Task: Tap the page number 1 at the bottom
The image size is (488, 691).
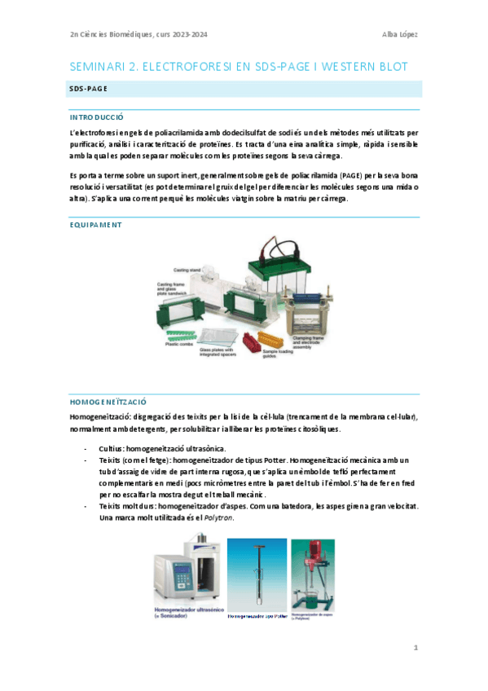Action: pos(415,648)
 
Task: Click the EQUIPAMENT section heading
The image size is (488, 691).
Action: pos(95,224)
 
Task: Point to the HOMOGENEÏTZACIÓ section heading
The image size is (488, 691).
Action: pos(108,402)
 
